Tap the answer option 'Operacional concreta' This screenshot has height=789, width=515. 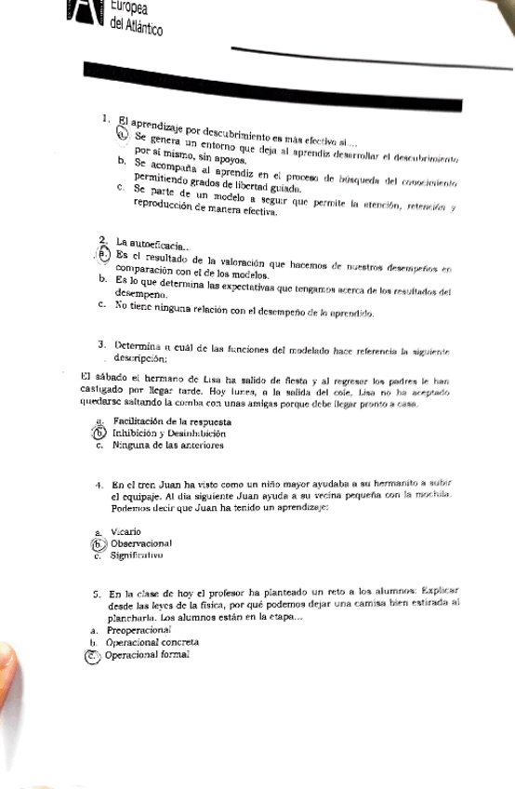[x=152, y=642]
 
